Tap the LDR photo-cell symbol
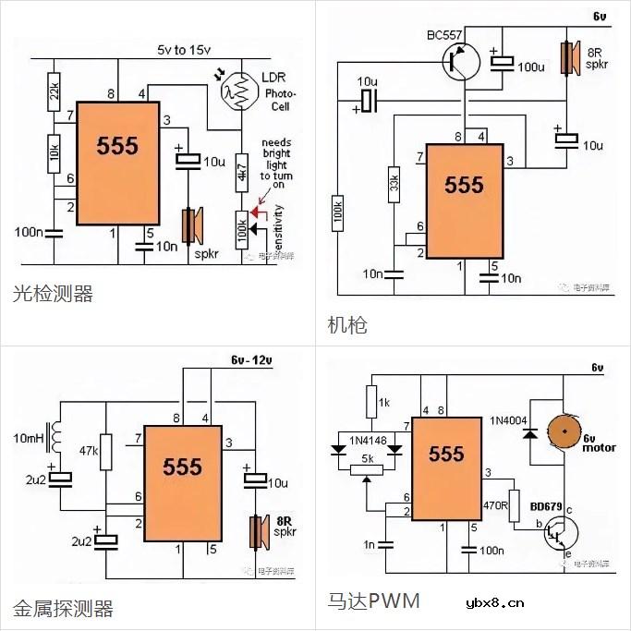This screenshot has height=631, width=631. coord(237,89)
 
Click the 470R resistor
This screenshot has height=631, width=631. coord(514,505)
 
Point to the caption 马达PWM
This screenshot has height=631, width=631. coord(373,601)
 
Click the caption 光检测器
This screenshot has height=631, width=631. coord(53,294)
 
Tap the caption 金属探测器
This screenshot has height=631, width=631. coord(63,608)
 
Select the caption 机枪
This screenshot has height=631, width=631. coord(347,324)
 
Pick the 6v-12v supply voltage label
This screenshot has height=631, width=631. coord(243,359)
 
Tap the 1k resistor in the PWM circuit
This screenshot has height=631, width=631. coord(370,403)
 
